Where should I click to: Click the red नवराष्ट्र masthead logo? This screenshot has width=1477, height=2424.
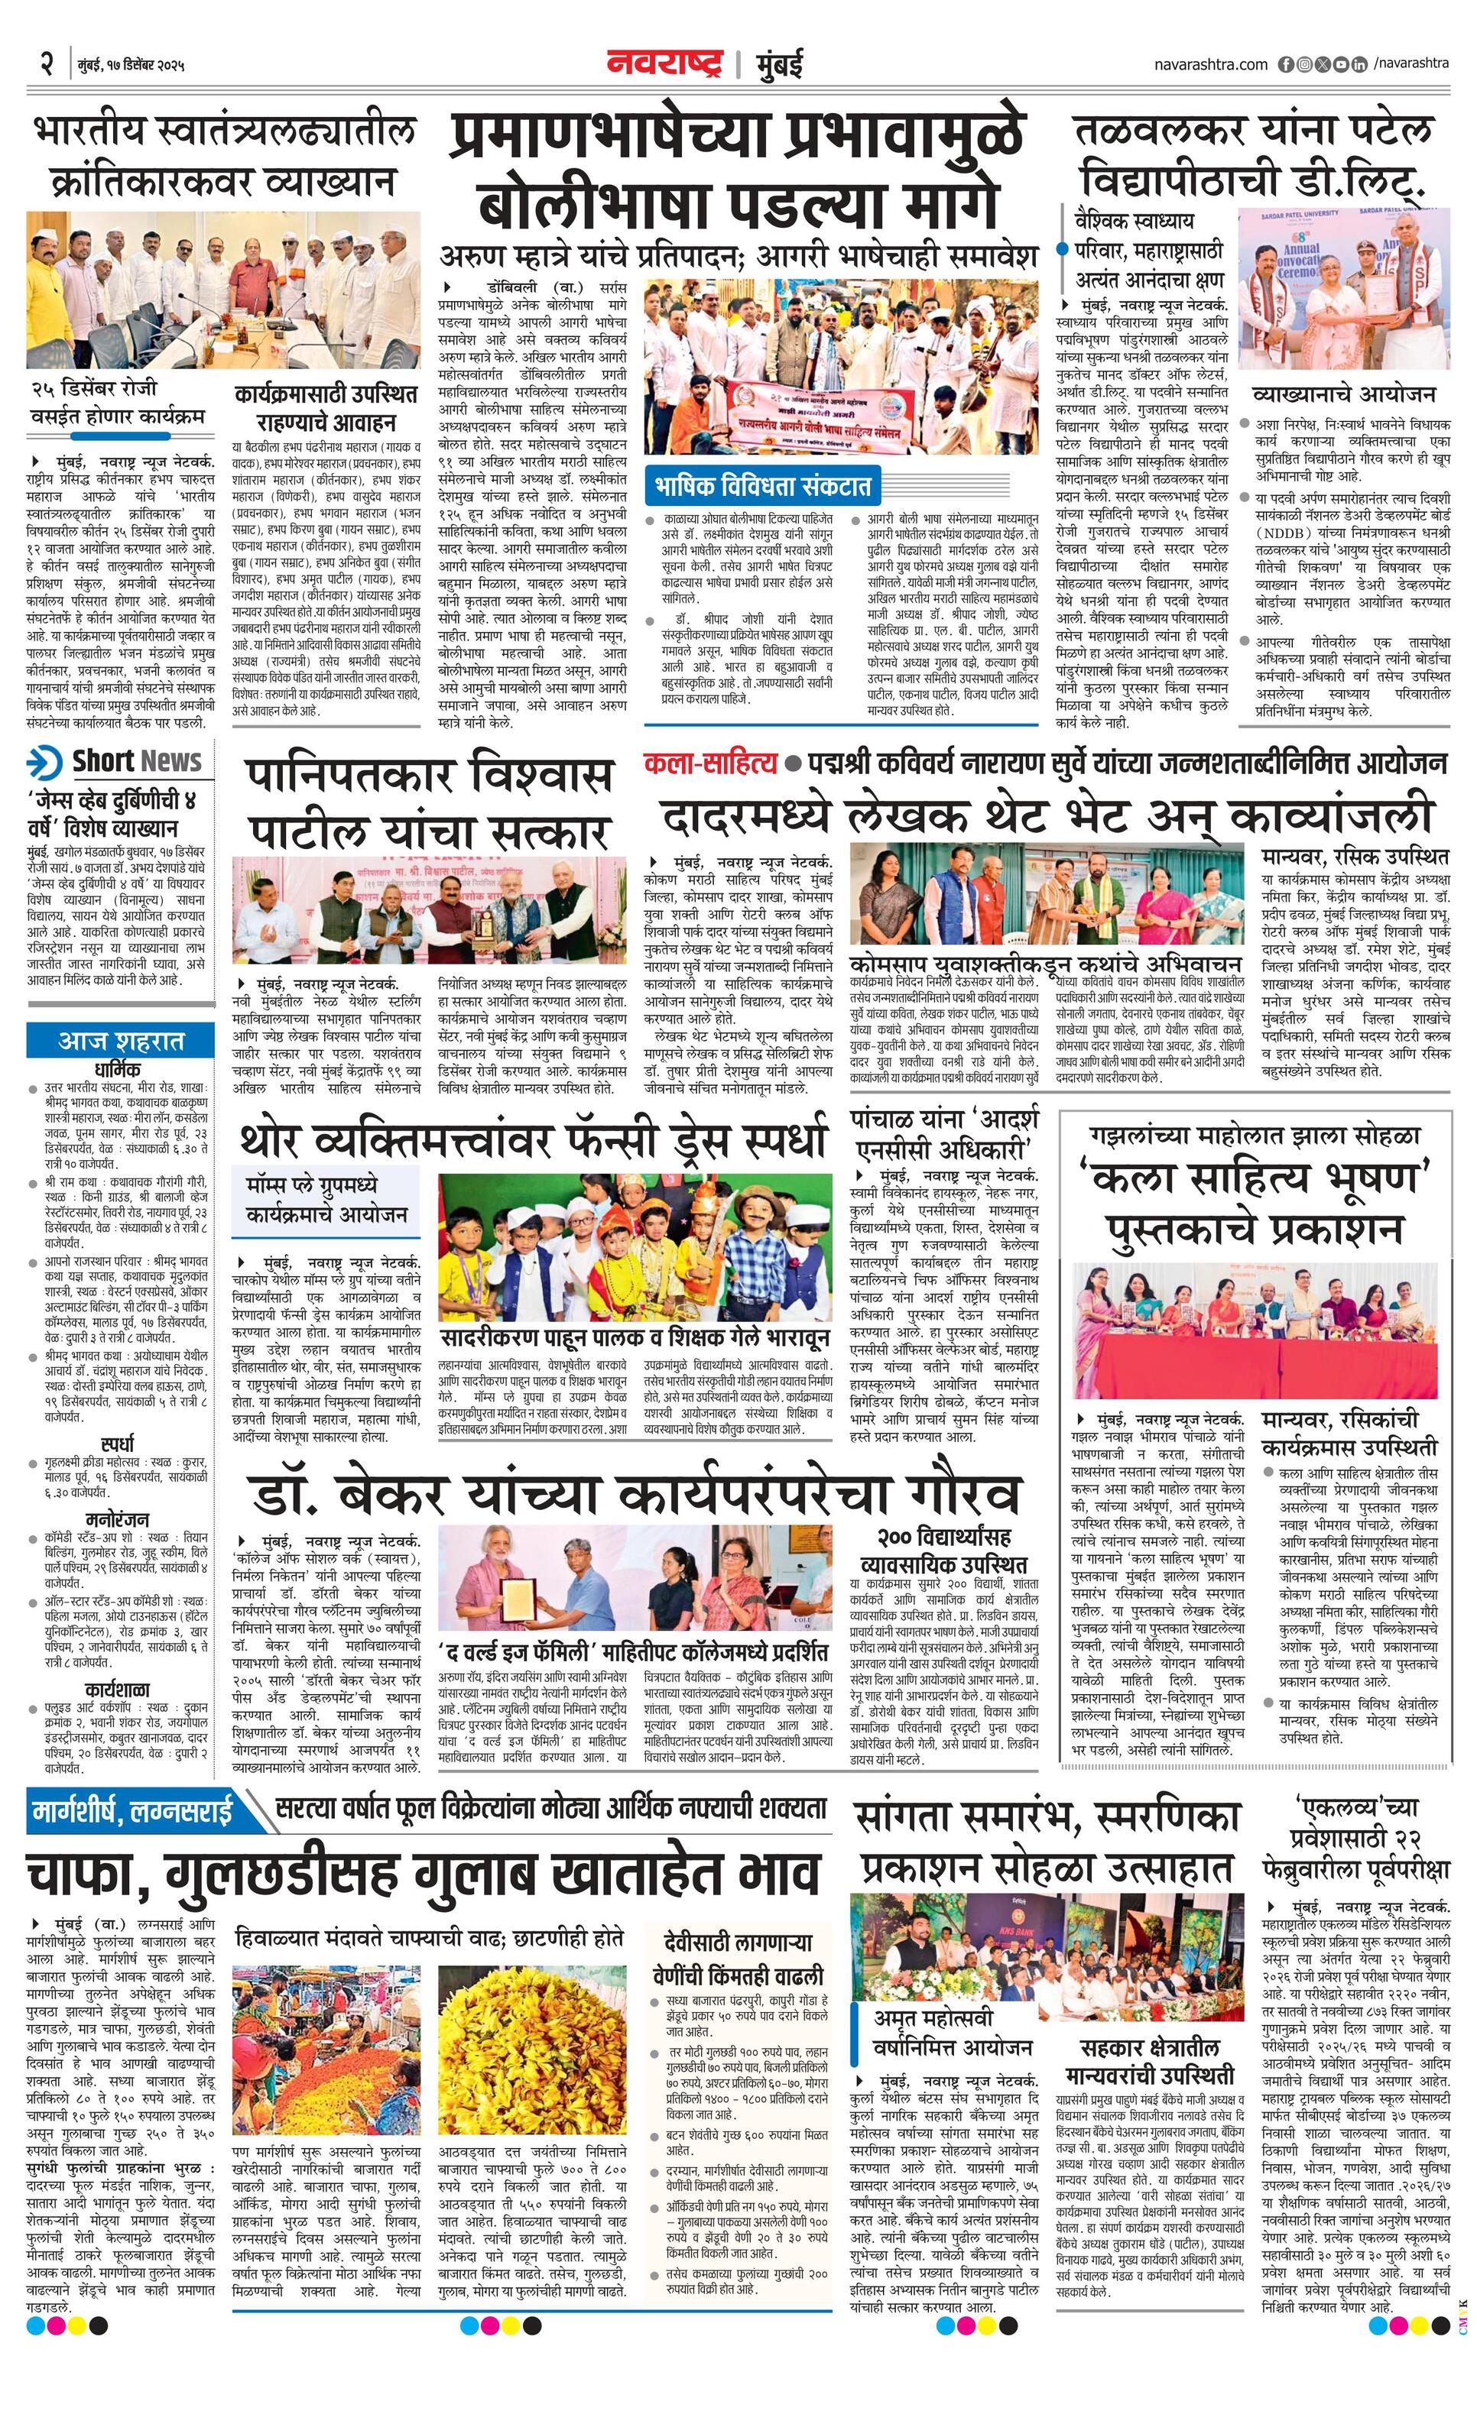665,64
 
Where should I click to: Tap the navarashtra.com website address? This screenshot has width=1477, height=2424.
1211,64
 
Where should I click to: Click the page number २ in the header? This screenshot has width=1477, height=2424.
45,65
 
